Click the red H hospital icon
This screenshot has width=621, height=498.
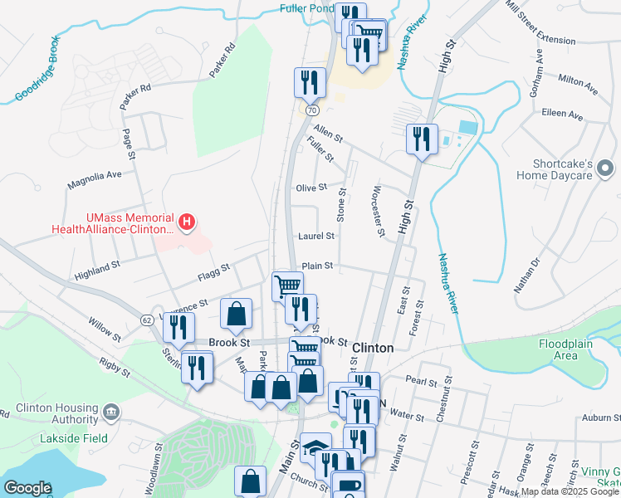pos(188,222)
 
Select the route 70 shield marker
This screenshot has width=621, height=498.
pos(311,110)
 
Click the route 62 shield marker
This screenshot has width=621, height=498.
pos(146,320)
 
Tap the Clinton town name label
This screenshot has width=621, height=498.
pos(373,348)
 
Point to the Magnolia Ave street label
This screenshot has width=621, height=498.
pos(95,175)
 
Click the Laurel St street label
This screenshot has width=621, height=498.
pos(317,236)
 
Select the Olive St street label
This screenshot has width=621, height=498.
pos(312,188)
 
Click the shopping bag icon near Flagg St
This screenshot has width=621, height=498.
pos(237,314)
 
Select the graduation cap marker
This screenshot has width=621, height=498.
pos(315,448)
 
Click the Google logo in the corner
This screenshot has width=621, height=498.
pos(27,487)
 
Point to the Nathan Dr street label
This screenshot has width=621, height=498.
pos(526,275)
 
